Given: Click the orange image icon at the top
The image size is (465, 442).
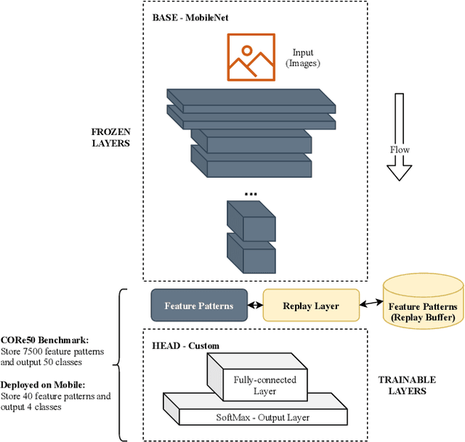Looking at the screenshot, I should pos(251,56).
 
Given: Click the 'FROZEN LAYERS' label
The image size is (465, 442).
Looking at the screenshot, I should pos(110,138).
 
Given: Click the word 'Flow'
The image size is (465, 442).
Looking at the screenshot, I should pos(400,150).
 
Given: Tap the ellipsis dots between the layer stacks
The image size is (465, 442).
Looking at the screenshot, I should pos(251,194).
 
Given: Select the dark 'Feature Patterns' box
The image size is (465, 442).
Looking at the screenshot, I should pos(198,306).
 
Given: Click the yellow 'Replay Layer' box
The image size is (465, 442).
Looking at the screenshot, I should pos(310,306).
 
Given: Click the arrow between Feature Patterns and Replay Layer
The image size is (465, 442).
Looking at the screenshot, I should pos(254,306).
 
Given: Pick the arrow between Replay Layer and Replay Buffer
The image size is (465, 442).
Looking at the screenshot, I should pos(371,303).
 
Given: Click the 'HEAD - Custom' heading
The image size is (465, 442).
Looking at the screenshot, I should pos(185,345).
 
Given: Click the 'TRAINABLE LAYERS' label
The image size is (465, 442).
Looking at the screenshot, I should pos(407,385).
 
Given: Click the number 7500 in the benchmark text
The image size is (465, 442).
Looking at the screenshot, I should pos(33,351).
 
